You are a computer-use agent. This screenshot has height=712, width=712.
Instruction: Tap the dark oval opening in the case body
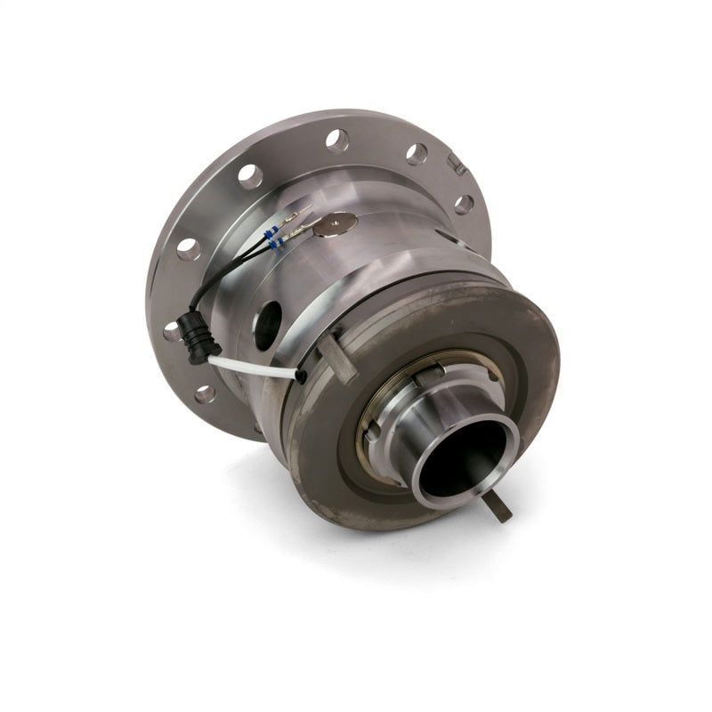click(x=266, y=326)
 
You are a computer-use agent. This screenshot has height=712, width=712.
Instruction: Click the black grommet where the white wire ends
click(x=303, y=376)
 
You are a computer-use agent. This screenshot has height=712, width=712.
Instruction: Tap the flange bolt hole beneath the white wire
click(x=206, y=392)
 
